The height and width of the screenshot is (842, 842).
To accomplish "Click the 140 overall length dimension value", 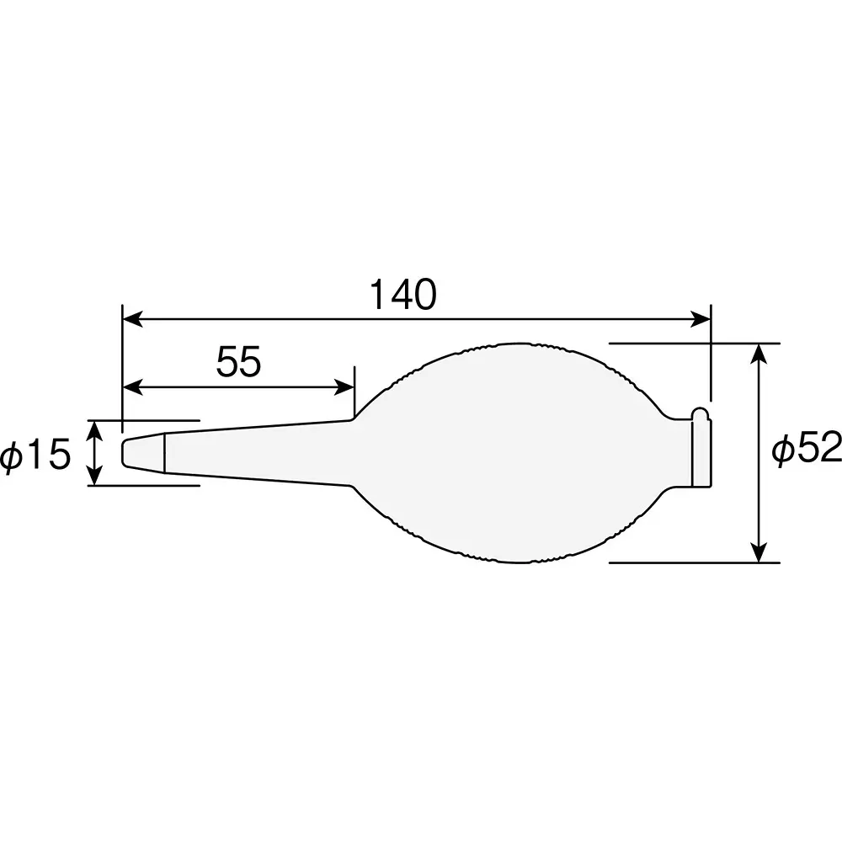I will (403, 296).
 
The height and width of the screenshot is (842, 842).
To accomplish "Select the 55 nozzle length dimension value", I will (239, 363).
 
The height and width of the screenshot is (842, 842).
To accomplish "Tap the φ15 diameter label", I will (35, 455).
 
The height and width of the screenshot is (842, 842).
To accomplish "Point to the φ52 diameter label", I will (807, 451).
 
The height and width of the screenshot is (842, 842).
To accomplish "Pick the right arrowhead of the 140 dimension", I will (701, 319).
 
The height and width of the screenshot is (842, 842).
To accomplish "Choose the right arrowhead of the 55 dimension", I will (344, 387).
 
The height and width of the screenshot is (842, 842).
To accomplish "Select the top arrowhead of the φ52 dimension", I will (760, 353).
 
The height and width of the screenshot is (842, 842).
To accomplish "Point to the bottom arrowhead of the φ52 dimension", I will (760, 552).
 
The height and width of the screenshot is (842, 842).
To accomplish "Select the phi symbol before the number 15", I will (14, 456).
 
